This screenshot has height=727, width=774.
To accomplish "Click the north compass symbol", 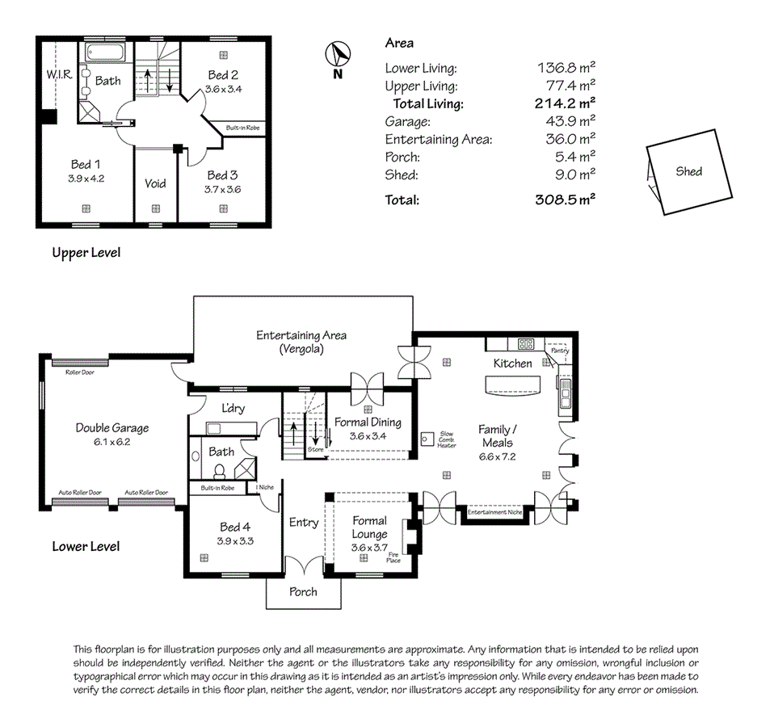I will (x=338, y=56).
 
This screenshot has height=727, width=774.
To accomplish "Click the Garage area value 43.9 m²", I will (x=566, y=121).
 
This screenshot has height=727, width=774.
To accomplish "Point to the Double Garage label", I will (x=112, y=428).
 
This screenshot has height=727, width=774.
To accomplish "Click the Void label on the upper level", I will (x=155, y=183).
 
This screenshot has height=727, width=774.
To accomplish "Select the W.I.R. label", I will (x=59, y=74).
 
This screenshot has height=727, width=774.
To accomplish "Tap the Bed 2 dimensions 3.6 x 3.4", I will (x=223, y=89).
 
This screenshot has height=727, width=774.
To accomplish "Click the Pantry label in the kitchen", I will (x=559, y=351).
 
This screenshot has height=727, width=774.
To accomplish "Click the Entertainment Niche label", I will (x=494, y=512).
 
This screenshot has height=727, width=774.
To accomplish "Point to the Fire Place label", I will (x=393, y=557).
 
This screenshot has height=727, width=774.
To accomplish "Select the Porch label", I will (x=304, y=591).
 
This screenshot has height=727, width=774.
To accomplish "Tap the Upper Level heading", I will (x=86, y=253).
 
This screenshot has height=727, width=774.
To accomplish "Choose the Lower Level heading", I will (x=86, y=546).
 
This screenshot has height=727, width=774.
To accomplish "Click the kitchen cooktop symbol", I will (x=525, y=344).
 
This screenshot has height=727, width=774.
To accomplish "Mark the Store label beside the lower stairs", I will (x=315, y=449).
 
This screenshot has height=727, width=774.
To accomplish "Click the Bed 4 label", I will (x=235, y=527).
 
